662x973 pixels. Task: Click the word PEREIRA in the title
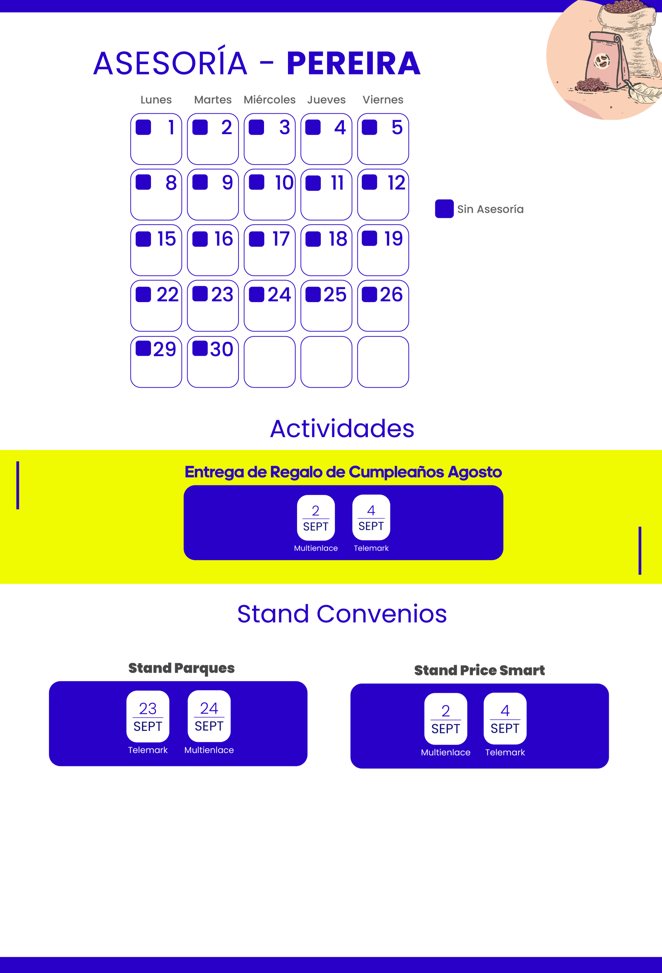[x=353, y=63]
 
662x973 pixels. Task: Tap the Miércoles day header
[x=269, y=100]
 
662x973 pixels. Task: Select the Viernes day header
[x=383, y=100]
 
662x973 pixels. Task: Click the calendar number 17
[x=281, y=239]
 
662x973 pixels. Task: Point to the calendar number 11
[x=337, y=183]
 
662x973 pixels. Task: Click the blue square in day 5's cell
[x=369, y=127]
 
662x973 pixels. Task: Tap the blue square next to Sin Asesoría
[x=444, y=209]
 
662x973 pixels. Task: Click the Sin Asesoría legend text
[x=490, y=209]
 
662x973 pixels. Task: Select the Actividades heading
[x=342, y=429]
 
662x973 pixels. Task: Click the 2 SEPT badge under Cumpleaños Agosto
[x=316, y=518]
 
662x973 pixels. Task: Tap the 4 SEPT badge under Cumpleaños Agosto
[x=371, y=518]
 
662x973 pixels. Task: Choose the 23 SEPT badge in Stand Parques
[x=148, y=716]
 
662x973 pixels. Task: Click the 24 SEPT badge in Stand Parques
[x=209, y=716]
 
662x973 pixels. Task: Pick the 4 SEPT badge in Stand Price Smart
[x=505, y=718]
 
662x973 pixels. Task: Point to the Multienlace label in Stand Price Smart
[x=446, y=752]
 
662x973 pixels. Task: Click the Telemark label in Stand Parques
[x=148, y=750]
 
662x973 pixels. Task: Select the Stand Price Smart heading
[x=479, y=670]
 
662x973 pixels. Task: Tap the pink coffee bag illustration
[x=605, y=61]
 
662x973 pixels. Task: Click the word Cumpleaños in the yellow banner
[x=396, y=472]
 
